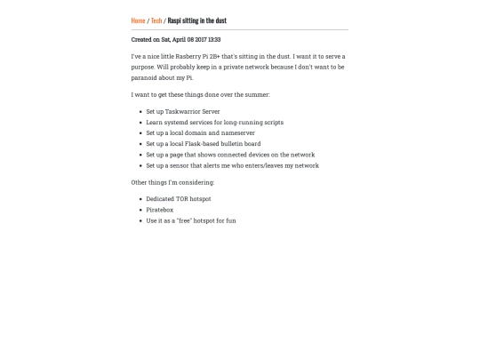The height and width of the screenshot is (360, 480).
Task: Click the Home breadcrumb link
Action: coord(138,20)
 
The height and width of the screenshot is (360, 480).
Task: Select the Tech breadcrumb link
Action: coord(156,20)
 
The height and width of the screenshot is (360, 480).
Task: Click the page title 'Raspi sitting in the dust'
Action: coord(197,20)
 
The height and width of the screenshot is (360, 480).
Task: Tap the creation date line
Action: coord(175,39)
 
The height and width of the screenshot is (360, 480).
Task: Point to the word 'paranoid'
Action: coord(144,77)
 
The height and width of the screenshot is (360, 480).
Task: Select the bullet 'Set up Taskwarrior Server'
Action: coord(182,111)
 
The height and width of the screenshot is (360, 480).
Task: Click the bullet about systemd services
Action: coord(214,122)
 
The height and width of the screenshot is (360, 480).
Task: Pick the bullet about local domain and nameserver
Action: coord(200,132)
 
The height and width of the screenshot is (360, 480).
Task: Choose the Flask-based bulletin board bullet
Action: coord(203,143)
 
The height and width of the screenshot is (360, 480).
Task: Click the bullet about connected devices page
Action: coord(230,155)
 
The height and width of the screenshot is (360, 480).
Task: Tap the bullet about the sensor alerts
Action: coord(232,165)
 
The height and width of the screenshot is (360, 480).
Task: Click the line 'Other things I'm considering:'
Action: coord(172,182)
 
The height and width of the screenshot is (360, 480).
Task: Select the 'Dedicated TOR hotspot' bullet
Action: coord(178,198)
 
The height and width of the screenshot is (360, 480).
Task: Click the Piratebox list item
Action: coord(161,210)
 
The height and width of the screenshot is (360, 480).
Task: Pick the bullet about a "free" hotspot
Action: coord(190,220)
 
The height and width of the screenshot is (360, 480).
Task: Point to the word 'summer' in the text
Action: coord(256,94)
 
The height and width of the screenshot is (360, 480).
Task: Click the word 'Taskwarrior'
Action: coord(182,111)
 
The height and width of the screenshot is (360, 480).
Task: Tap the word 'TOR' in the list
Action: coord(180,198)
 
